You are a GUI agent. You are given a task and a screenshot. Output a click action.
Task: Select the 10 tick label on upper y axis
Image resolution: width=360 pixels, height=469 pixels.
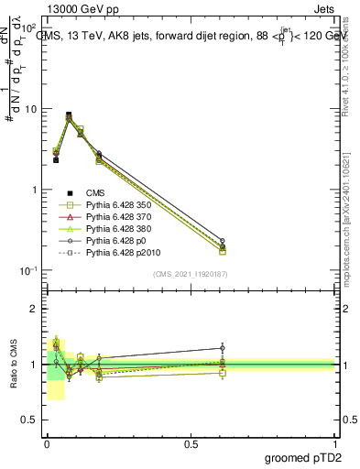[31, 109]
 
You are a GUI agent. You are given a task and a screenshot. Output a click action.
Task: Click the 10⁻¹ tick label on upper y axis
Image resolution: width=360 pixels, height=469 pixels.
[29, 270]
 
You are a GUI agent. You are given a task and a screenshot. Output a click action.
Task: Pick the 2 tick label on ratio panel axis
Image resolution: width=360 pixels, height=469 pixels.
[35, 309]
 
